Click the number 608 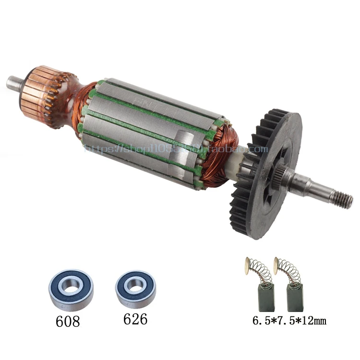click(x=67, y=321)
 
